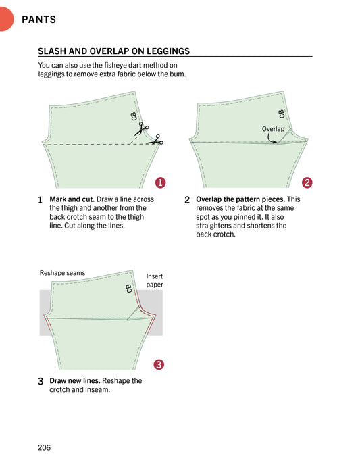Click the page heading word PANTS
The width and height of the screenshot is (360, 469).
click(x=38, y=20)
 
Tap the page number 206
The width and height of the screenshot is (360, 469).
click(x=45, y=447)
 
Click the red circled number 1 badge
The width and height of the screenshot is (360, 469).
click(x=161, y=182)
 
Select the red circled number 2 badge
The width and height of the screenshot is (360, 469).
click(x=307, y=182)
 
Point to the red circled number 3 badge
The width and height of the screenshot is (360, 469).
click(x=159, y=364)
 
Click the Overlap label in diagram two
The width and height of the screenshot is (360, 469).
click(x=273, y=129)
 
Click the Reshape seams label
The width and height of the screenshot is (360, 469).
click(x=63, y=273)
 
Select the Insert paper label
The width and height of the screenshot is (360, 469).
click(x=155, y=280)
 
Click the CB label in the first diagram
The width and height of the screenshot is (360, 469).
click(x=134, y=116)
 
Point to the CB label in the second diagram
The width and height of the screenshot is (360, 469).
click(x=281, y=114)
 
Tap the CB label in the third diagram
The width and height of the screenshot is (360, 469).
click(x=129, y=289)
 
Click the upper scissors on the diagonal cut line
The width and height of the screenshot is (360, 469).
click(x=141, y=129)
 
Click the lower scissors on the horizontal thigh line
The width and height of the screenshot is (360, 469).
click(x=155, y=141)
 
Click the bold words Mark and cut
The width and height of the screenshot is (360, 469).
click(x=72, y=199)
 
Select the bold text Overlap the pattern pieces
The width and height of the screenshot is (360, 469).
click(x=240, y=199)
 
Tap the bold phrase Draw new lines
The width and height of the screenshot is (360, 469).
click(x=75, y=380)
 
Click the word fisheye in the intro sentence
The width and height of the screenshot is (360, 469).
click(x=115, y=65)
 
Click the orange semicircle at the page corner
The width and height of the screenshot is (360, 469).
click(x=6, y=19)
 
